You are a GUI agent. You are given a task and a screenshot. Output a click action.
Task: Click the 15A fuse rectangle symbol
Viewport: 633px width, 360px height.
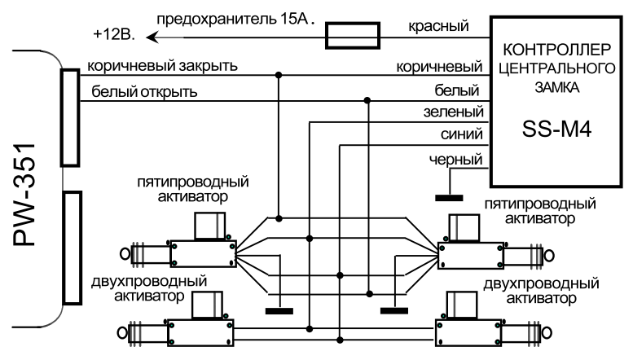tap(353, 34)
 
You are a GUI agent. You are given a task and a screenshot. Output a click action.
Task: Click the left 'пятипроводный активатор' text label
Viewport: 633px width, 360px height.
tap(192, 189)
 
